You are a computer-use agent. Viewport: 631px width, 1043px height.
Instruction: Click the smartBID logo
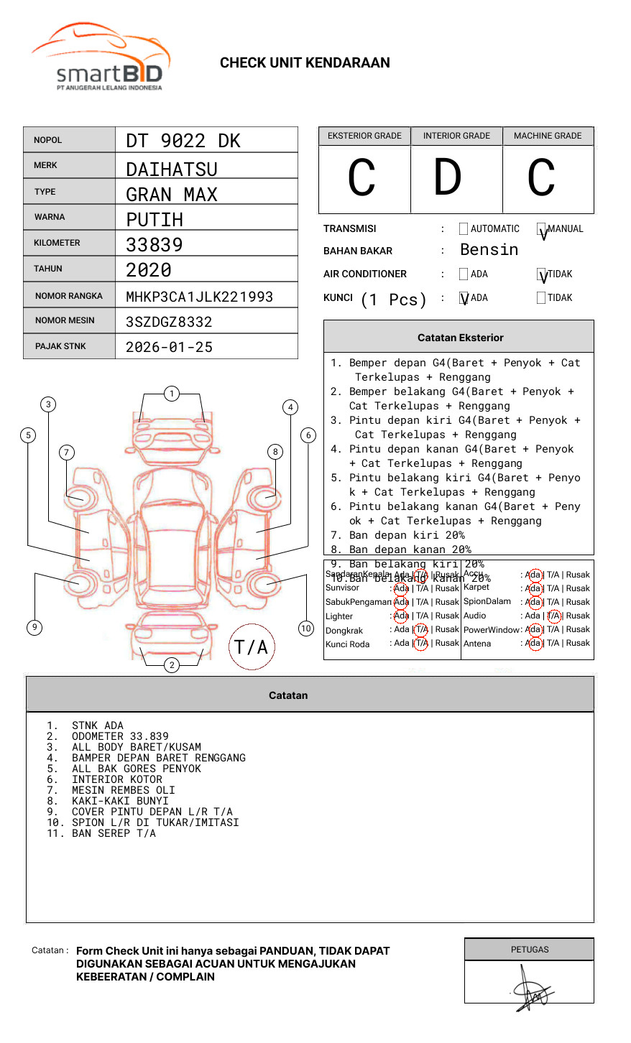point(101,57)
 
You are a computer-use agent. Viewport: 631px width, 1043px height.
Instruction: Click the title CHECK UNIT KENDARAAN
point(305,63)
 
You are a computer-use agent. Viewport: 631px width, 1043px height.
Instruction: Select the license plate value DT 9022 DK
point(183,141)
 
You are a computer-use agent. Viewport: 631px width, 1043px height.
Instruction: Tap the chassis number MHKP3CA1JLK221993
point(199,297)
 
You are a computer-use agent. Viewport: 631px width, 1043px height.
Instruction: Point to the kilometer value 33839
point(155,245)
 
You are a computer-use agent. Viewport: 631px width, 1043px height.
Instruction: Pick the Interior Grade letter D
point(447,178)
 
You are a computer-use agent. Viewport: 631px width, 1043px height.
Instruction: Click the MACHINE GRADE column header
point(548,136)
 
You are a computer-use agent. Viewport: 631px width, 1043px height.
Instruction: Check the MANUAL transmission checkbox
point(542,230)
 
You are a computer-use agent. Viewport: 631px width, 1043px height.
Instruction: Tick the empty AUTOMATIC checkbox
point(464,229)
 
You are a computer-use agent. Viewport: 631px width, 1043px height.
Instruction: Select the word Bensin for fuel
point(489,250)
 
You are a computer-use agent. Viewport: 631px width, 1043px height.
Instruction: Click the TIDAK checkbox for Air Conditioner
point(542,274)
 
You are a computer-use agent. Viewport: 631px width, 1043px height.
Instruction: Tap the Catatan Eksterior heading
point(460,338)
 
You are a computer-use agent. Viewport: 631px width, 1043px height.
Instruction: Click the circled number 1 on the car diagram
point(171,394)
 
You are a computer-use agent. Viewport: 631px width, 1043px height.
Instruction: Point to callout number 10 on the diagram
point(306,629)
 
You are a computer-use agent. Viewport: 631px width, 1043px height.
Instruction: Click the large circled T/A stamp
point(252,647)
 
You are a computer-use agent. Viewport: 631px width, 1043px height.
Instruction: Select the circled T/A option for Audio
point(553,616)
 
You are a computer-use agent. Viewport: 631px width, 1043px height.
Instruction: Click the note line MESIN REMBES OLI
point(123,790)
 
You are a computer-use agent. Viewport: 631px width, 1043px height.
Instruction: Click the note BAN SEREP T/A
point(114,833)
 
